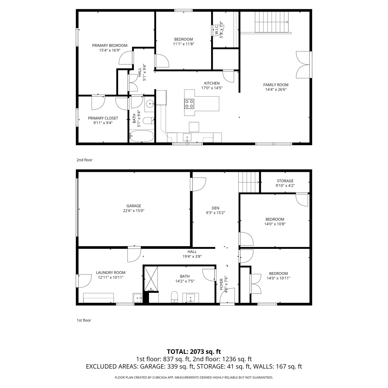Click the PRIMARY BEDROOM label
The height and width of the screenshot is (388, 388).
tap(110, 46)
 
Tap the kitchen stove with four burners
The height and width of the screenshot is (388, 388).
tap(189, 103)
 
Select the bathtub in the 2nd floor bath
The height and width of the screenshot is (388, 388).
tap(141, 136)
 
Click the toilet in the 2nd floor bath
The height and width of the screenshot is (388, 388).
tap(149, 121)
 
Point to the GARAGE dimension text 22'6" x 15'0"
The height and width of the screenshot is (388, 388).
tap(134, 211)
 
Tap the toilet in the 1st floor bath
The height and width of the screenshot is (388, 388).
tap(175, 297)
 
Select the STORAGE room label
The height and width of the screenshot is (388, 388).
tap(285, 181)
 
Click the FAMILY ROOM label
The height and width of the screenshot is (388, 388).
tap(276, 85)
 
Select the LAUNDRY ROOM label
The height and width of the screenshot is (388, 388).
tap(111, 272)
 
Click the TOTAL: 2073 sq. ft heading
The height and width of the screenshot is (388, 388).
tap(194, 352)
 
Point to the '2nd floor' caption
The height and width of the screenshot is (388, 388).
tap(84, 160)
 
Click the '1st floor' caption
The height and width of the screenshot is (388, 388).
tap(84, 320)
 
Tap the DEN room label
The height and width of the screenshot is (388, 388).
tap(215, 208)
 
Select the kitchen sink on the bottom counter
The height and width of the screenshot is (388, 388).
tap(187, 137)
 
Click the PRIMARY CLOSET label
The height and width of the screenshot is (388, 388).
tap(103, 118)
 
